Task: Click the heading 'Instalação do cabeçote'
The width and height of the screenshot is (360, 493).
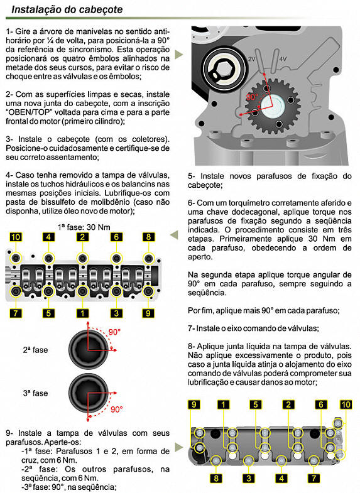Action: click(67, 9)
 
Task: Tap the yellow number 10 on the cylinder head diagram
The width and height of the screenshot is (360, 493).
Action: click(16, 237)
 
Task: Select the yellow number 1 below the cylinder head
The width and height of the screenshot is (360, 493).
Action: click(82, 313)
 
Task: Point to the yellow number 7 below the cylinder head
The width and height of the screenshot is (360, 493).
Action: click(16, 313)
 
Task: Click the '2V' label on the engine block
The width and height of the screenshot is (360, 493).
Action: click(251, 59)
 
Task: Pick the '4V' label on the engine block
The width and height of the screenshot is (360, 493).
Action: click(283, 59)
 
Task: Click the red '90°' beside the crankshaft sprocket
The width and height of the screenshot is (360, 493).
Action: click(252, 97)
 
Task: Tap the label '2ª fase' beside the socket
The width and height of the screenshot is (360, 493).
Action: click(35, 350)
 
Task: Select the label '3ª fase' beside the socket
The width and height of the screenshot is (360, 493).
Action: click(35, 393)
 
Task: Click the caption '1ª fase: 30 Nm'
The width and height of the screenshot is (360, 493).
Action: click(84, 227)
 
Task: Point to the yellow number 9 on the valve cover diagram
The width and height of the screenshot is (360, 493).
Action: click(194, 404)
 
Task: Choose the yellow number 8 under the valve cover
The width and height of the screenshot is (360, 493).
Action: click(216, 478)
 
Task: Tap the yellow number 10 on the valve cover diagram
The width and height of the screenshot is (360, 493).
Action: click(346, 404)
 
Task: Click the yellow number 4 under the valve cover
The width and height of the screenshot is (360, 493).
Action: click(281, 478)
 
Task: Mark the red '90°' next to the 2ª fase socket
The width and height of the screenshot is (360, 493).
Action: click(114, 332)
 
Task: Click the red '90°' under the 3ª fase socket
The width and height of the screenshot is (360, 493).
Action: click(116, 409)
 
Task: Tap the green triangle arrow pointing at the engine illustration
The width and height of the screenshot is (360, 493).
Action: click(178, 54)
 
